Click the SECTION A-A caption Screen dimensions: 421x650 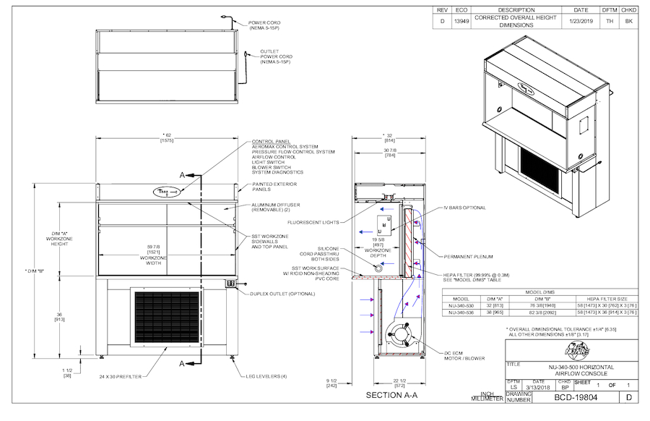[392, 396]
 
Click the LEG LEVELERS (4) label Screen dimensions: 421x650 [266, 377]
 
